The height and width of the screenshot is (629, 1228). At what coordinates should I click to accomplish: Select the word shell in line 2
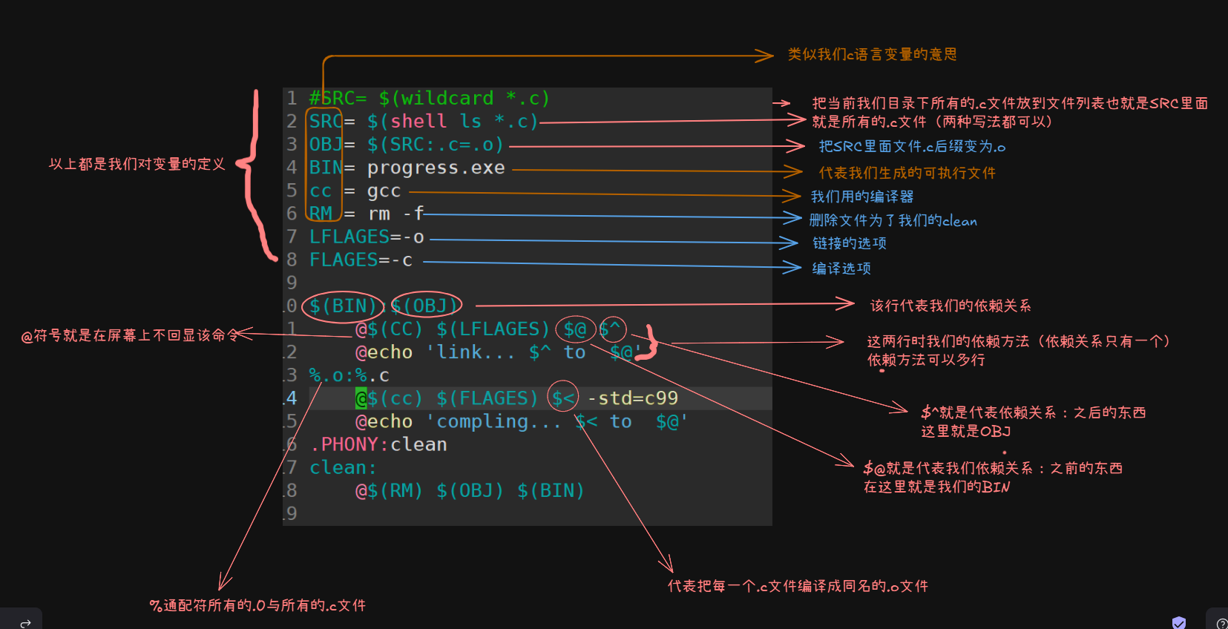click(x=418, y=122)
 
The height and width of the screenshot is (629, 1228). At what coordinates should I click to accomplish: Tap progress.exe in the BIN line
click(x=436, y=168)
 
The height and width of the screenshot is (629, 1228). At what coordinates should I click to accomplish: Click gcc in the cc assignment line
click(x=384, y=191)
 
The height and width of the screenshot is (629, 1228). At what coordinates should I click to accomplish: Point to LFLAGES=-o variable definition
click(x=367, y=237)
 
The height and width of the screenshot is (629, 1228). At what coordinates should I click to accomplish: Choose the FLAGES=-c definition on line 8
click(x=361, y=260)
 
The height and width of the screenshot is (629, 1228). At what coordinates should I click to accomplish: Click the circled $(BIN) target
click(x=343, y=306)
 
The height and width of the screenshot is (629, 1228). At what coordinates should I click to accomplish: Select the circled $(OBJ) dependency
click(x=427, y=306)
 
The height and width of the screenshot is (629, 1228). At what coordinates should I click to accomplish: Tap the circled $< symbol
click(x=563, y=399)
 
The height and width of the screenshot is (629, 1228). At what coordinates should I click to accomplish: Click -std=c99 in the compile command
click(x=632, y=399)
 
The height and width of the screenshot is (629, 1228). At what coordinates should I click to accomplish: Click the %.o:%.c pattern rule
click(x=349, y=376)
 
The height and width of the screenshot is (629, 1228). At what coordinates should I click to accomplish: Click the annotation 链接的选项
click(x=849, y=243)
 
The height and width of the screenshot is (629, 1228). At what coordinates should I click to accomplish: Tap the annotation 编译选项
click(x=841, y=269)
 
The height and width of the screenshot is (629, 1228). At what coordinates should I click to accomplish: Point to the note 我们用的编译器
click(x=861, y=197)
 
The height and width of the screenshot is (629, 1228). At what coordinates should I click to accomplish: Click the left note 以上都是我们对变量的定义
click(x=137, y=164)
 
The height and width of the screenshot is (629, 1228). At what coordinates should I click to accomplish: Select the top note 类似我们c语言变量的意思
click(x=872, y=55)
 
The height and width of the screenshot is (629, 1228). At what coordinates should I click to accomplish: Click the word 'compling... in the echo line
click(x=493, y=422)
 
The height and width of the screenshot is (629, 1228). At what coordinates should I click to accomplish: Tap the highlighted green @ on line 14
click(x=361, y=399)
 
